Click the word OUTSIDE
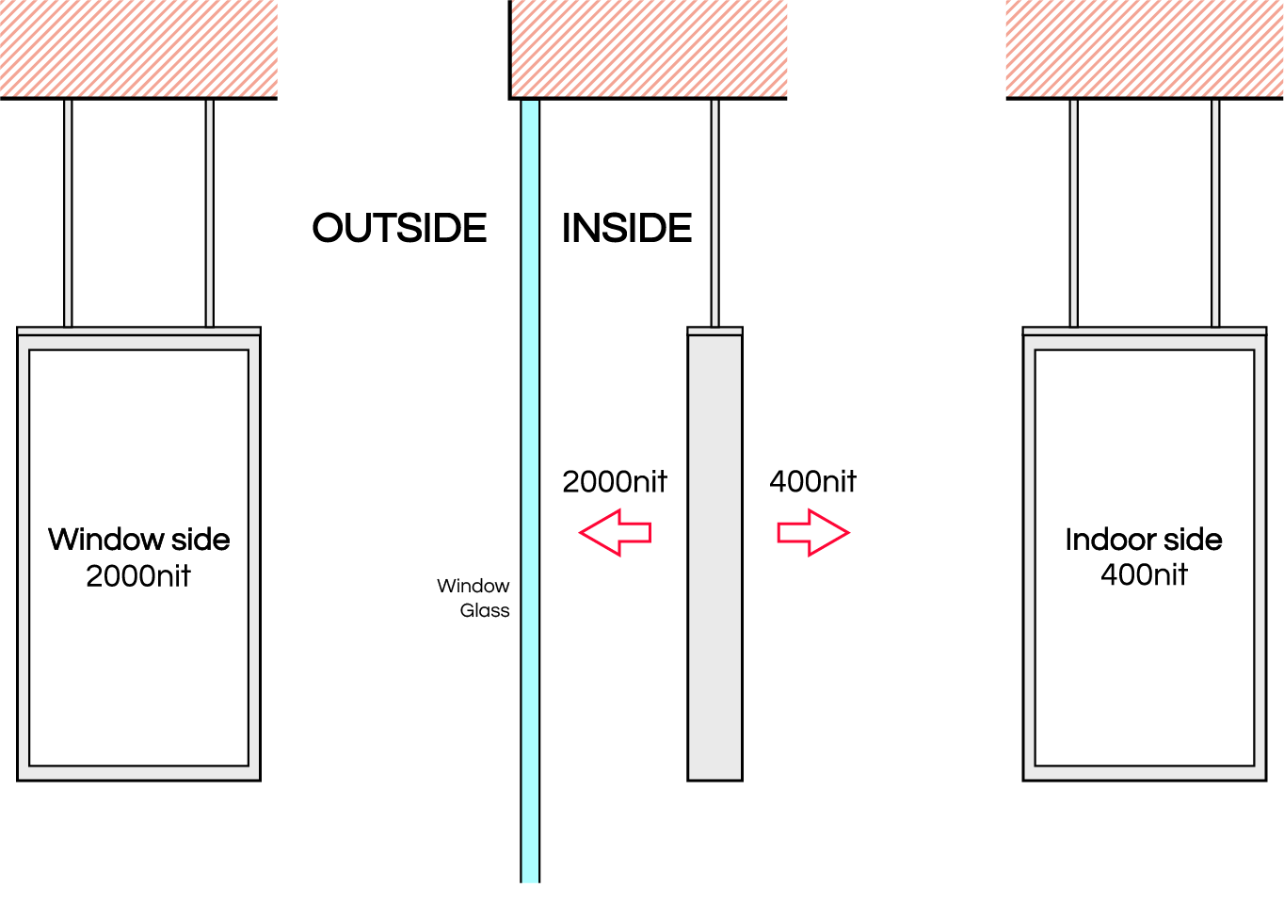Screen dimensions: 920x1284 point(400,228)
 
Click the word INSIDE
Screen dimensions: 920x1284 point(627,228)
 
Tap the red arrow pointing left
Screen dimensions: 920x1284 point(616,533)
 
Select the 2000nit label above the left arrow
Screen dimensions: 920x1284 point(614,482)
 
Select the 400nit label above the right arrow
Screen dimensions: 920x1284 point(812,482)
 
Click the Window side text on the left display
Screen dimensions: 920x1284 point(139,540)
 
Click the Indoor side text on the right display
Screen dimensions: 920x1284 point(1144,540)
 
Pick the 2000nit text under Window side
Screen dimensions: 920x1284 point(138,575)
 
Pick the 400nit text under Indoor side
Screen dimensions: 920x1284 point(1144,574)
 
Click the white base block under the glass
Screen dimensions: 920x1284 point(531,901)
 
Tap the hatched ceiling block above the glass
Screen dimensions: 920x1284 point(648,47)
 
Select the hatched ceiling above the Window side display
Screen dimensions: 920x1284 point(138,47)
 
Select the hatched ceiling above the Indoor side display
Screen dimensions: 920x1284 point(1144,47)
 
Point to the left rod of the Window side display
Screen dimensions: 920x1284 point(68,212)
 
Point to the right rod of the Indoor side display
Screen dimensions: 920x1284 point(1216,212)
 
